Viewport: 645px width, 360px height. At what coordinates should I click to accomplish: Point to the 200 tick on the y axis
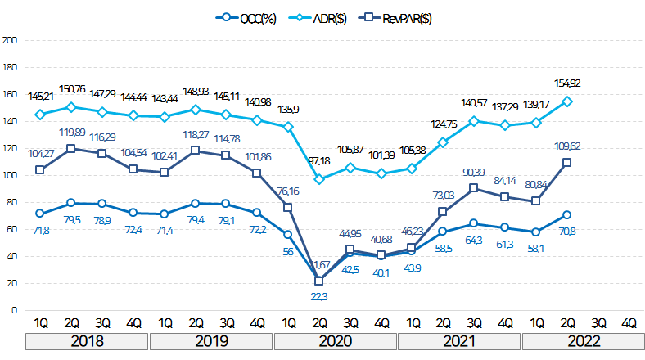(9, 39)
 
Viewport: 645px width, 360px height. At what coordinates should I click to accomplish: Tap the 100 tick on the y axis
(9, 174)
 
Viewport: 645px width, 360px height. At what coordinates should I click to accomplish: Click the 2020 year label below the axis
(336, 341)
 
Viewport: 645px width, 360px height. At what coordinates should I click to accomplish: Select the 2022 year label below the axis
(584, 341)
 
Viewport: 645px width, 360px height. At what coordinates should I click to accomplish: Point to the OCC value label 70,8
(566, 232)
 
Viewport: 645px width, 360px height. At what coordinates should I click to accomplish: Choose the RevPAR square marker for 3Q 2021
(473, 188)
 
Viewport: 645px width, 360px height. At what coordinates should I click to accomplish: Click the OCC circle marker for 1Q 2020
(287, 235)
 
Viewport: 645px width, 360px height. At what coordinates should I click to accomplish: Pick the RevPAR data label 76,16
(287, 191)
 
